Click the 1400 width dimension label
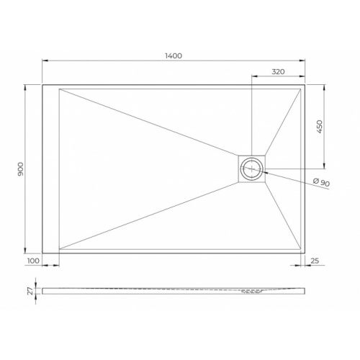(x=173, y=55)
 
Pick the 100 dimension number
(x=33, y=261)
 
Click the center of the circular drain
(x=252, y=170)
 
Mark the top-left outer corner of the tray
(x=42, y=85)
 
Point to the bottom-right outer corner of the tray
(x=307, y=253)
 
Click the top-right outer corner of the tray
(x=307, y=85)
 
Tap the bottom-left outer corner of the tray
(x=42, y=253)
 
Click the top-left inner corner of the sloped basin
(x=60, y=89)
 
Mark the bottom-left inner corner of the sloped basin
(x=60, y=249)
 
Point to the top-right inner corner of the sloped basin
(x=302, y=89)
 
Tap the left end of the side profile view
(x=42, y=291)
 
